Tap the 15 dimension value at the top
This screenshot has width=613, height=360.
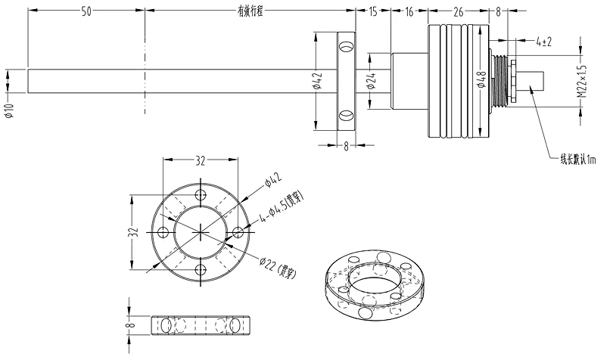click(372, 12)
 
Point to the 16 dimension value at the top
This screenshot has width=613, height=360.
click(409, 12)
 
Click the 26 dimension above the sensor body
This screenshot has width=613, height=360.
click(459, 12)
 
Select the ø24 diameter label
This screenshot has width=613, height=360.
click(371, 83)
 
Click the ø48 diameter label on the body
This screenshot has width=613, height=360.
click(481, 80)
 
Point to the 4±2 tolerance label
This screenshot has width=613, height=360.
click(543, 42)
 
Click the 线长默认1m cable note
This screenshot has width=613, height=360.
click(577, 160)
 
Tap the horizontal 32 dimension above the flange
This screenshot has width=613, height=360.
click(200, 160)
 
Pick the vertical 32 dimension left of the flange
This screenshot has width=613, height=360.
click(133, 230)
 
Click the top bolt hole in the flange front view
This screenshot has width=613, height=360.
click(201, 194)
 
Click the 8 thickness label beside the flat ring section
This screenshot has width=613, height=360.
click(130, 325)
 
